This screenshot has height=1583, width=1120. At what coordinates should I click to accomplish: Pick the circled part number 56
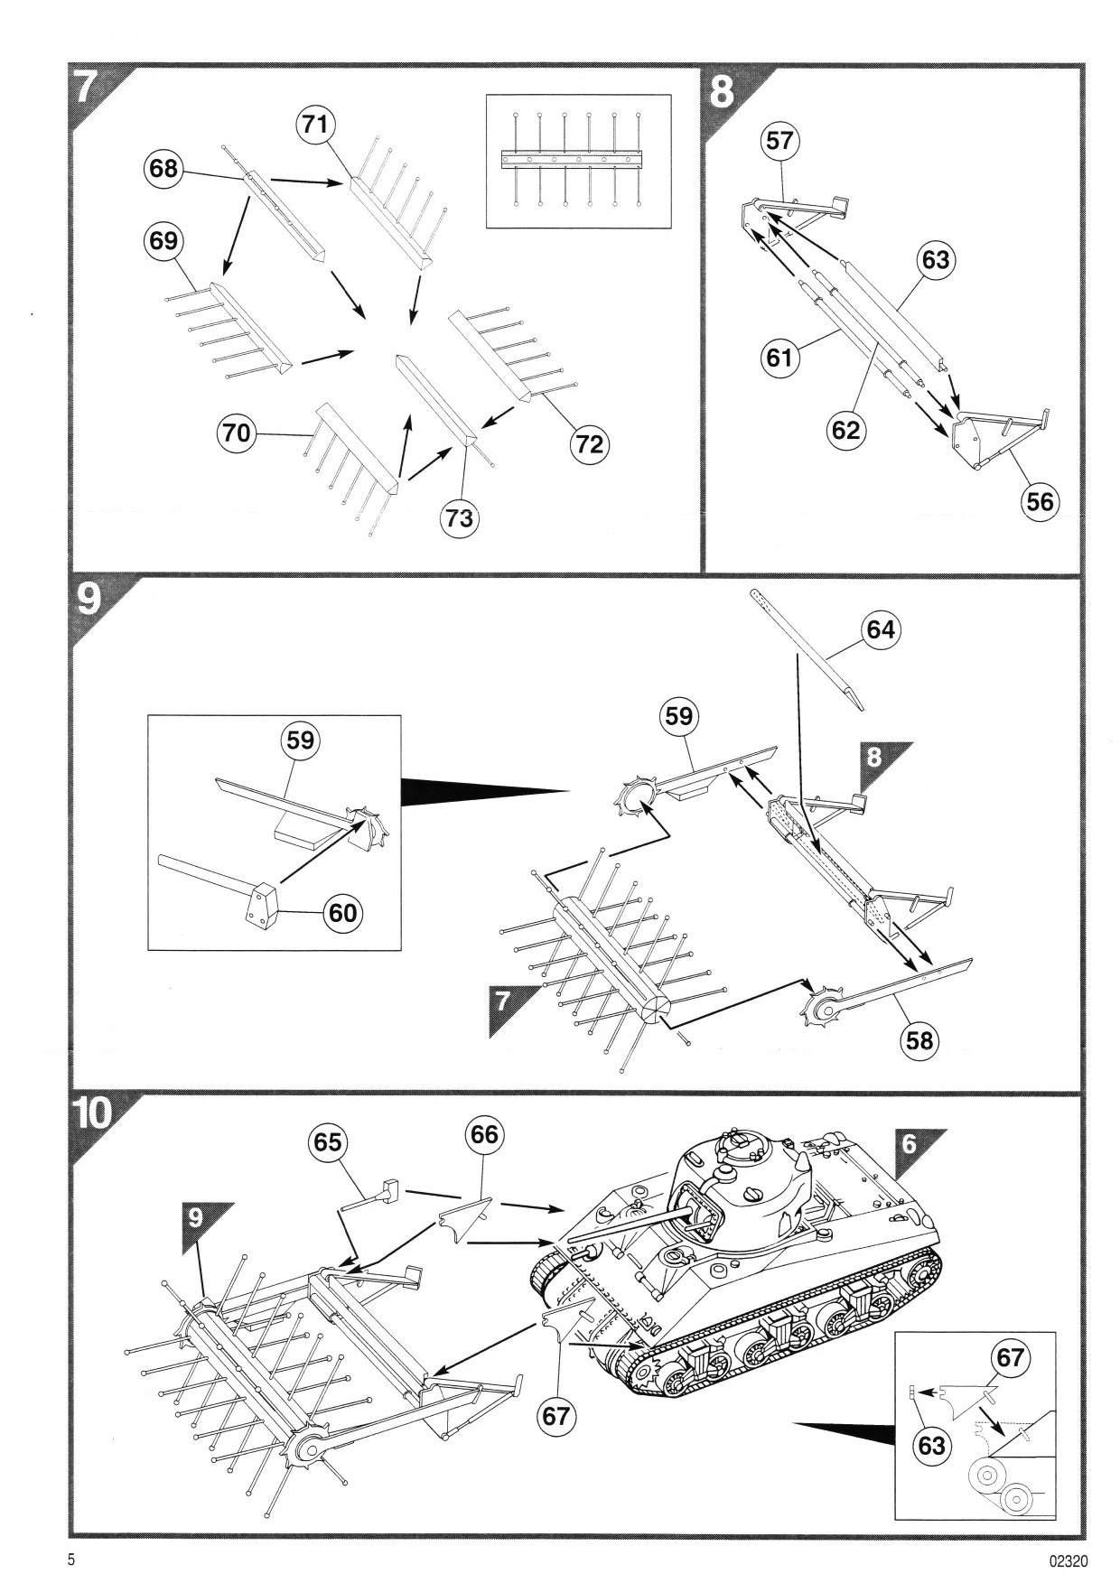pyautogui.click(x=1040, y=501)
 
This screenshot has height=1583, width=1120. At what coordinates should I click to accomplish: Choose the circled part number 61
pyautogui.click(x=779, y=359)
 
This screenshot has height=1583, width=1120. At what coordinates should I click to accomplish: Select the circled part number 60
pyautogui.click(x=343, y=913)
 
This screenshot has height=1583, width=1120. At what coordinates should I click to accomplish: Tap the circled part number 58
pyautogui.click(x=919, y=1040)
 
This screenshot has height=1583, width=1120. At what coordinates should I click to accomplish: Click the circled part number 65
pyautogui.click(x=327, y=1143)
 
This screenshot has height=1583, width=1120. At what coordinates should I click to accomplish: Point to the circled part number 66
pyautogui.click(x=484, y=1134)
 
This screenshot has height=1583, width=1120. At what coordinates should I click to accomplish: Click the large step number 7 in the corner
pyautogui.click(x=89, y=88)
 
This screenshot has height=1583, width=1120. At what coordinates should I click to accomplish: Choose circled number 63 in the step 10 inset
pyautogui.click(x=931, y=1446)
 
